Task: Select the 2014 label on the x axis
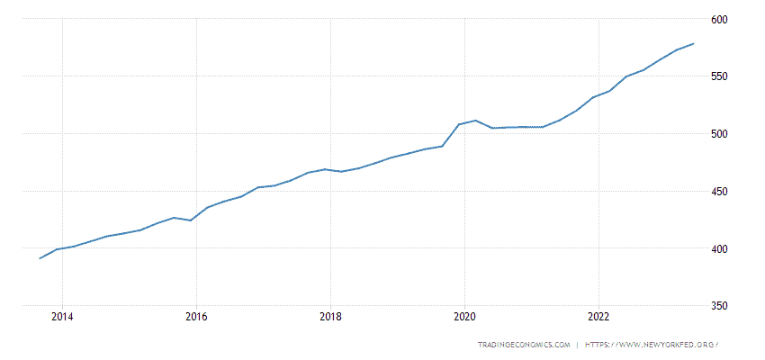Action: point(62,316)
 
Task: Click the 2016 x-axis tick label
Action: point(196,316)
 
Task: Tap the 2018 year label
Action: point(330,316)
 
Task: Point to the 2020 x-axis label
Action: point(464,316)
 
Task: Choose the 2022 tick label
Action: point(598,316)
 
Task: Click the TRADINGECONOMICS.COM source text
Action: point(524,345)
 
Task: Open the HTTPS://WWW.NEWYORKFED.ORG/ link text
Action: point(652,345)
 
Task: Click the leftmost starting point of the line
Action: point(40,258)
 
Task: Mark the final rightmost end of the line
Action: point(693,43)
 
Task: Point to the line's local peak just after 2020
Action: point(475,121)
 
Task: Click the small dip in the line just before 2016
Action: point(190,220)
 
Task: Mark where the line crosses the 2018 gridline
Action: point(330,169)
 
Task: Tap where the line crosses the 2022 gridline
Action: point(598,94)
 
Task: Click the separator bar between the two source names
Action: point(577,345)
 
